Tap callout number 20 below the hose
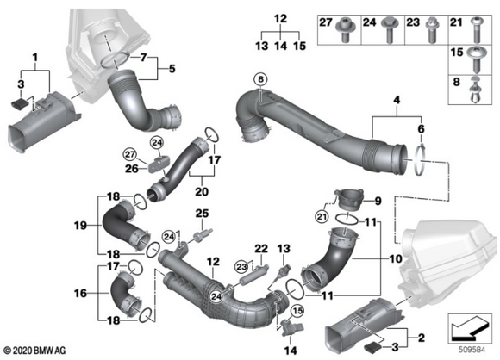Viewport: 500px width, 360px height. click(x=204, y=190)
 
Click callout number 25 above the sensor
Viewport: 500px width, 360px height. click(x=201, y=213)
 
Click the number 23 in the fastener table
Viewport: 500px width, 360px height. click(x=412, y=20)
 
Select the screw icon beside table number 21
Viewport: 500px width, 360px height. click(x=475, y=34)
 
